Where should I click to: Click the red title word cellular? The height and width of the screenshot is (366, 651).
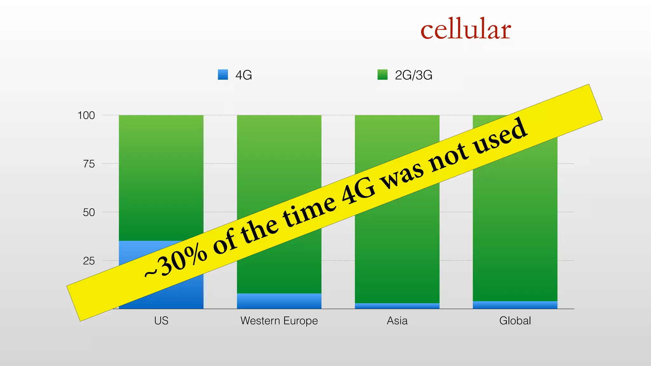[466, 29]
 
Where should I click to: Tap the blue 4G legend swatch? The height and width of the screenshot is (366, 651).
[223, 75]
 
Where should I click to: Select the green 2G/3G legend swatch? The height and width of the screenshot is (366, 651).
[382, 75]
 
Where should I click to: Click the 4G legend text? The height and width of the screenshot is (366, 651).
[243, 75]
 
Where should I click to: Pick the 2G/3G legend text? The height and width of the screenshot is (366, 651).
[414, 75]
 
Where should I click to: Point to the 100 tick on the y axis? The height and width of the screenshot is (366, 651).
[86, 115]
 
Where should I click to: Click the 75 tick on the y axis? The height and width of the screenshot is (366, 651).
[89, 164]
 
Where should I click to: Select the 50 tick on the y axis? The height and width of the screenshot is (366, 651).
[89, 212]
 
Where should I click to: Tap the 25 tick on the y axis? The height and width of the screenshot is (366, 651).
[89, 261]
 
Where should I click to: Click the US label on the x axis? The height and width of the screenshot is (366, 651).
[161, 321]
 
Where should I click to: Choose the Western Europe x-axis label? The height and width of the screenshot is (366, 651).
[279, 321]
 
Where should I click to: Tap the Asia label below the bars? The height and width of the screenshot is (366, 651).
[397, 321]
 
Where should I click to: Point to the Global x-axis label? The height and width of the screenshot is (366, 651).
[515, 321]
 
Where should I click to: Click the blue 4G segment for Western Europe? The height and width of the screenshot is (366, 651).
[279, 301]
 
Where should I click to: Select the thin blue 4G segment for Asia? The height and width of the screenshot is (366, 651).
[397, 306]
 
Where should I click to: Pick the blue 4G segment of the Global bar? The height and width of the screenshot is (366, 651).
[515, 305]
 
